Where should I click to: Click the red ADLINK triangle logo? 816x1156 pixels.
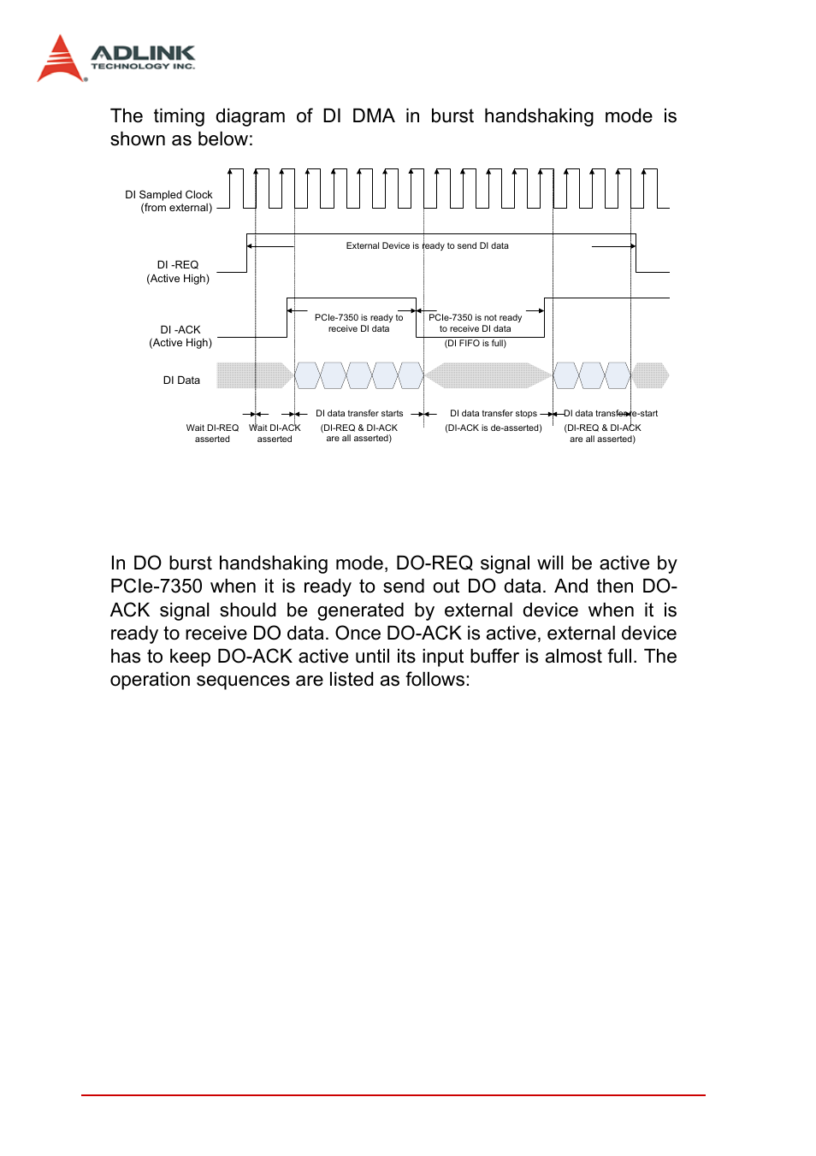point(60,60)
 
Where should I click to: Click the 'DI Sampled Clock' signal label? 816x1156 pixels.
point(169,195)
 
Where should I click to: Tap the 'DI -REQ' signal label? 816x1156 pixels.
point(178,265)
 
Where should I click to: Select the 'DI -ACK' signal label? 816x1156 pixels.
point(180,330)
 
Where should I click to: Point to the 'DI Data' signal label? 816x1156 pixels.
point(181,380)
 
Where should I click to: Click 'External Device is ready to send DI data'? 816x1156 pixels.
point(427,246)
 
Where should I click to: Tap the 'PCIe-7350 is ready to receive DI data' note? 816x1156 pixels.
point(358,323)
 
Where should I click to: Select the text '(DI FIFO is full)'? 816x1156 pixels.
point(475,344)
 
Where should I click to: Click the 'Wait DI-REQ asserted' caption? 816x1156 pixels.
point(212,433)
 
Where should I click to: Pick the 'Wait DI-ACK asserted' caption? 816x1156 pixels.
point(275,433)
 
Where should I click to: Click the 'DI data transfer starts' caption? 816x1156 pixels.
point(359,414)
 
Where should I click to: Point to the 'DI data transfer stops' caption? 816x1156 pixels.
point(494,414)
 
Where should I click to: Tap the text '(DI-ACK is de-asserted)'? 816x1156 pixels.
point(494,428)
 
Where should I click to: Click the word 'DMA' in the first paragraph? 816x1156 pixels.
point(373,116)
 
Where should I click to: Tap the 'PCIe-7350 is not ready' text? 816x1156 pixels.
point(475,318)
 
